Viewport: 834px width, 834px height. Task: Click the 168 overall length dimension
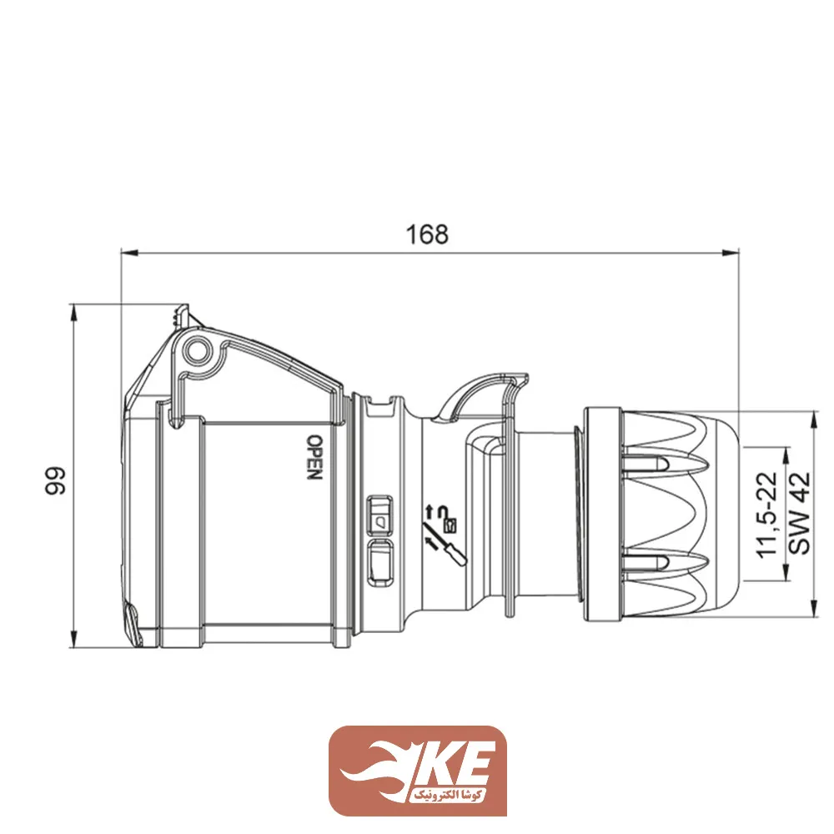427,234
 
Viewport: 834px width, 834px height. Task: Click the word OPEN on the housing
314,457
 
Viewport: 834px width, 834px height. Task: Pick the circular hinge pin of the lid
198,352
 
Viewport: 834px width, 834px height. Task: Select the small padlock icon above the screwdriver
451,525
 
